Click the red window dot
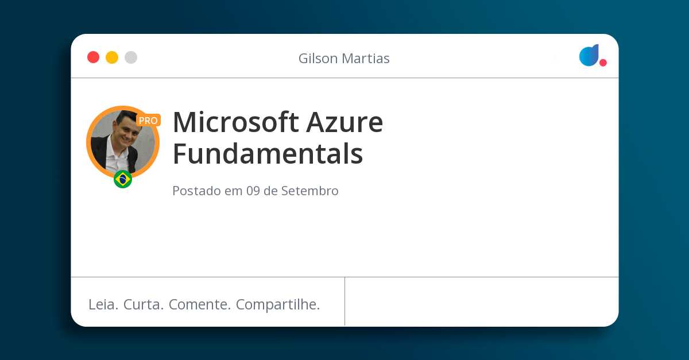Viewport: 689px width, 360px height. (93, 57)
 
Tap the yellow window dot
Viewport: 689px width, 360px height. (112, 57)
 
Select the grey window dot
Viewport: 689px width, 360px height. (131, 57)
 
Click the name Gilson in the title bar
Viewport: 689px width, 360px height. (318, 59)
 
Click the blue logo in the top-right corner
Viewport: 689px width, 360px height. (589, 55)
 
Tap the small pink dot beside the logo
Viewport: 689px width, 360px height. (603, 63)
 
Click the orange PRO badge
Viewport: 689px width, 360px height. (148, 121)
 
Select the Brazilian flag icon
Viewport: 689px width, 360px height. (123, 179)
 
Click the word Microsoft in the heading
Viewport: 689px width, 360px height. (235, 122)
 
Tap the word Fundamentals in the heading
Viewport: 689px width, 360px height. (268, 154)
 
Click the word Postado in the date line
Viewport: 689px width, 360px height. (196, 191)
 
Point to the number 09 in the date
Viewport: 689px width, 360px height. (253, 191)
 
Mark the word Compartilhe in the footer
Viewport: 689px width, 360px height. (278, 305)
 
